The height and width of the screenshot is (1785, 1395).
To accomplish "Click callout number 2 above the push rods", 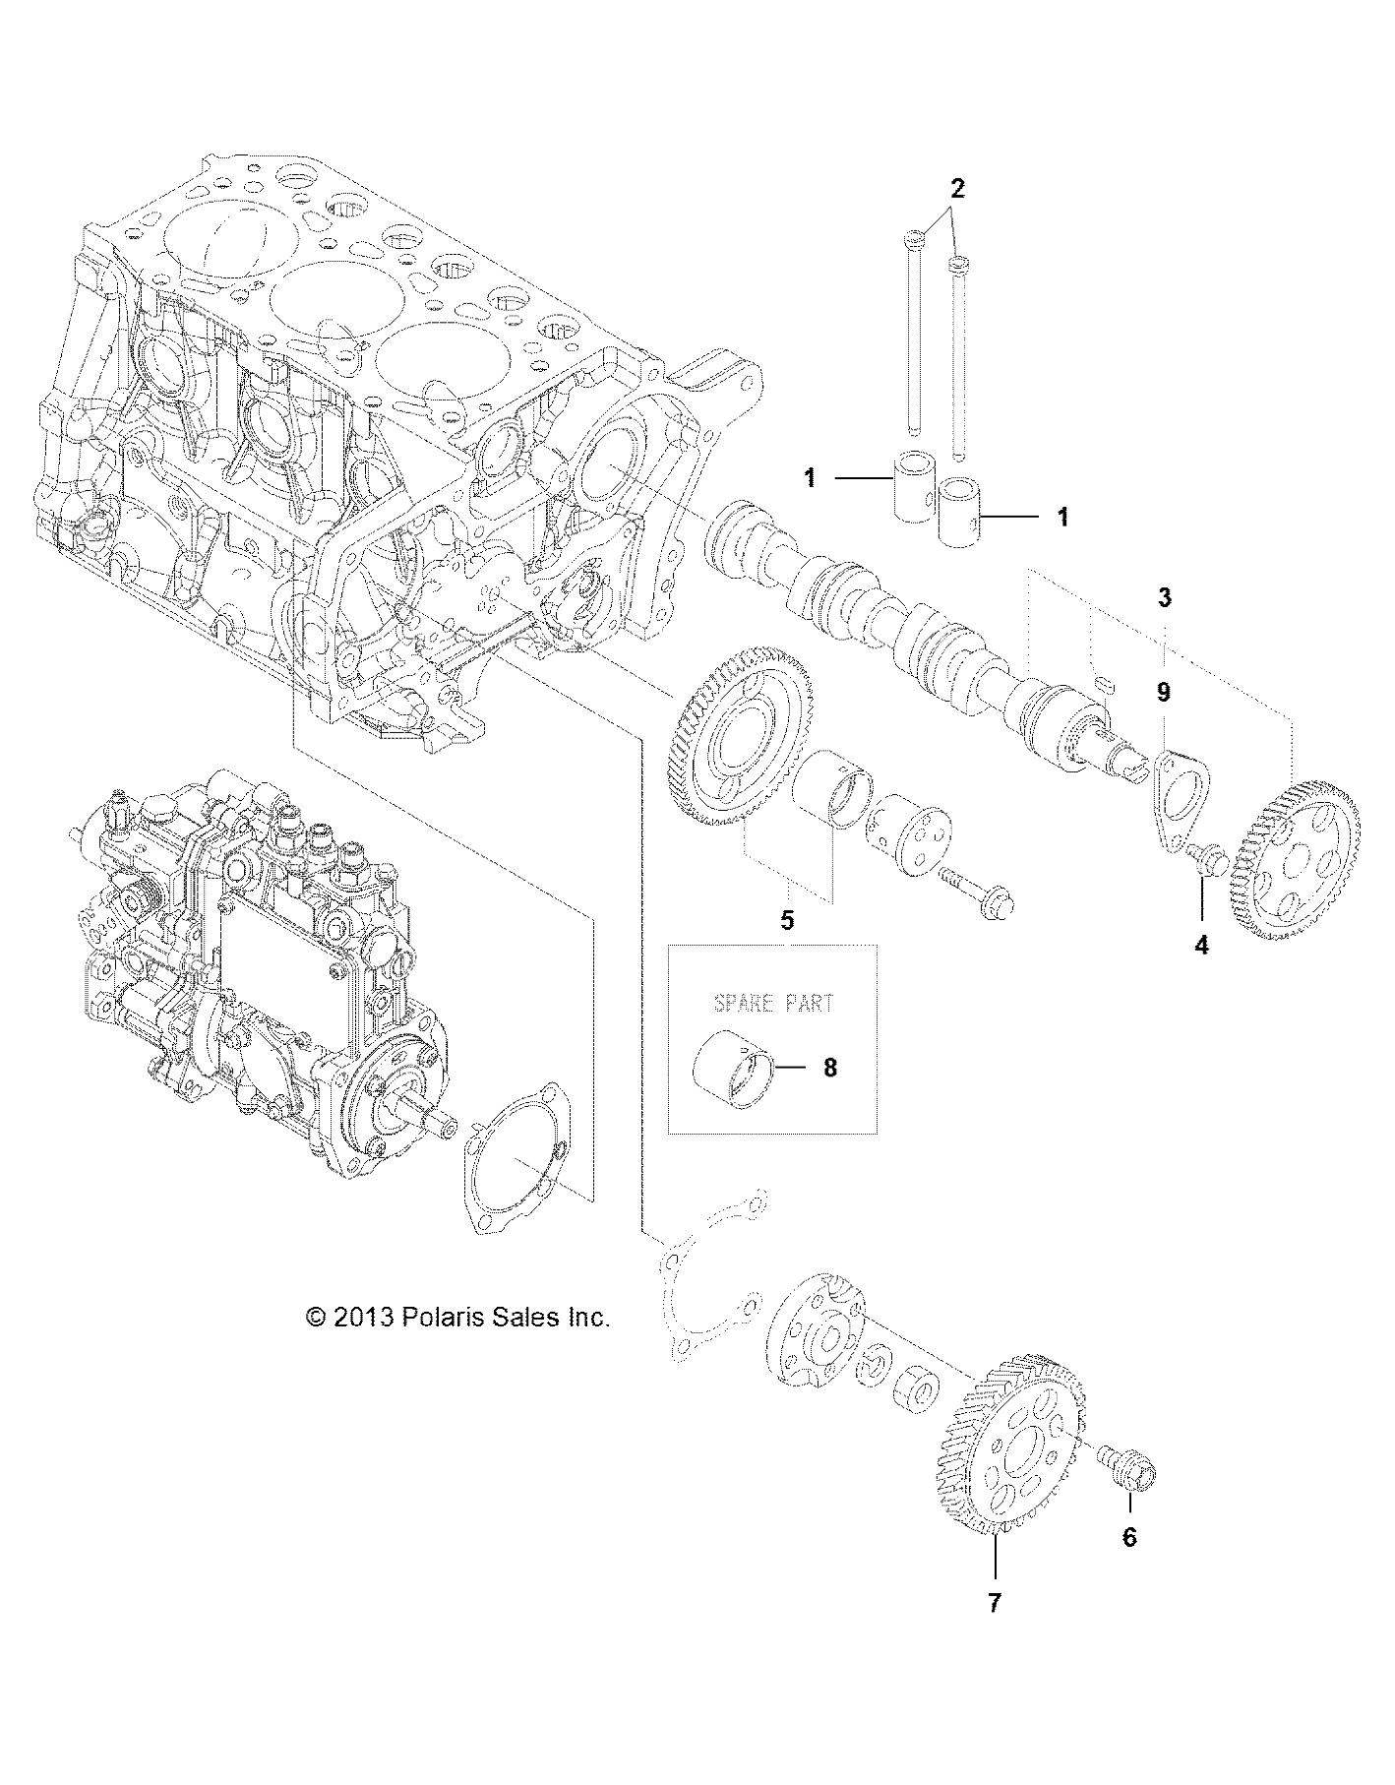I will [957, 187].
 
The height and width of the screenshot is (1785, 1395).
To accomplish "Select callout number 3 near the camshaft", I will [1164, 596].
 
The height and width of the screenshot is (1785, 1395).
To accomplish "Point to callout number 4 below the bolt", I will [1201, 946].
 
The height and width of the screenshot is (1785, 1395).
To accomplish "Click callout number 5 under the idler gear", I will [787, 920].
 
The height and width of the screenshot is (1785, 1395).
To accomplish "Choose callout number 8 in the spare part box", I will [830, 1067].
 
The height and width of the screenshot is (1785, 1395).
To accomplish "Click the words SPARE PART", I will [772, 1003].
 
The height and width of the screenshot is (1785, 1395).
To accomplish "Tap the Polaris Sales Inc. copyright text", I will [458, 1318].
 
